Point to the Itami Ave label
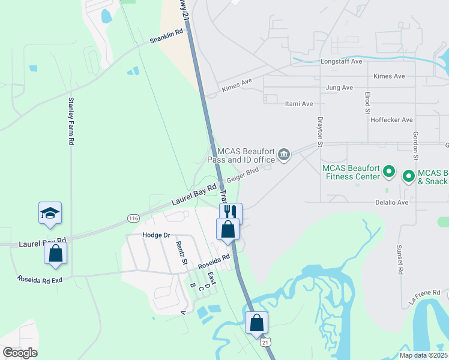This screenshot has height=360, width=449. click(298, 104)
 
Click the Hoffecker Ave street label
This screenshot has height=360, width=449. click(391, 120)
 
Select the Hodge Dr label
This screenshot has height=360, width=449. click(157, 235)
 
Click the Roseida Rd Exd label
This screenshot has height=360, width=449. click(40, 279)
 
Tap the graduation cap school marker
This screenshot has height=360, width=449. click(50, 213)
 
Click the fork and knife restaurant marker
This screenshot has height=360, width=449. click(231, 212)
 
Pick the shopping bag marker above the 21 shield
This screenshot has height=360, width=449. click(256, 322)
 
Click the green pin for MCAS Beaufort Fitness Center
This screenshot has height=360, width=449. click(388, 172)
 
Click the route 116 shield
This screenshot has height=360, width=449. click(133, 218)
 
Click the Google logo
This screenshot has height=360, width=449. click(20, 353)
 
